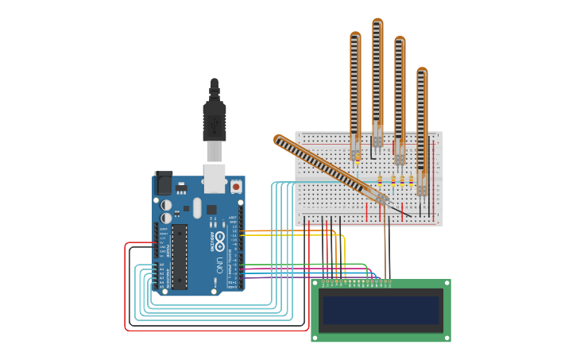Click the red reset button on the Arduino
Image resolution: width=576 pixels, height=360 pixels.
(236, 187)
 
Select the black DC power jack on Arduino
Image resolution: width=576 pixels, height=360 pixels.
(164, 184)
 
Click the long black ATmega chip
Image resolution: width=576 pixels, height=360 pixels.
(180, 256)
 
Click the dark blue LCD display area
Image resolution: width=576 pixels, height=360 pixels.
(380, 310)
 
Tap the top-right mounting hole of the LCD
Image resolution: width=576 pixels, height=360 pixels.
(446, 283)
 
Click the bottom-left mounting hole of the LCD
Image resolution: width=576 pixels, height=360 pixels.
(315, 338)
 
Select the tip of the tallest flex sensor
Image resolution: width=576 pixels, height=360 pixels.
(377, 22)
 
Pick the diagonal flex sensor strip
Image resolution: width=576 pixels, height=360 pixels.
(326, 166)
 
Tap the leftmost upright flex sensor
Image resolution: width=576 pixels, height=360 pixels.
(355, 87)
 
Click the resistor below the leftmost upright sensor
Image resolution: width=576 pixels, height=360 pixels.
(358, 158)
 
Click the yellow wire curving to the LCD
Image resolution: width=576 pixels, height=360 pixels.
(343, 254)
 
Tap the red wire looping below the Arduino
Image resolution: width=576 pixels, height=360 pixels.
(126, 294)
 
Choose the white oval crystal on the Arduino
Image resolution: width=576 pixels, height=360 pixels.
(197, 208)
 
